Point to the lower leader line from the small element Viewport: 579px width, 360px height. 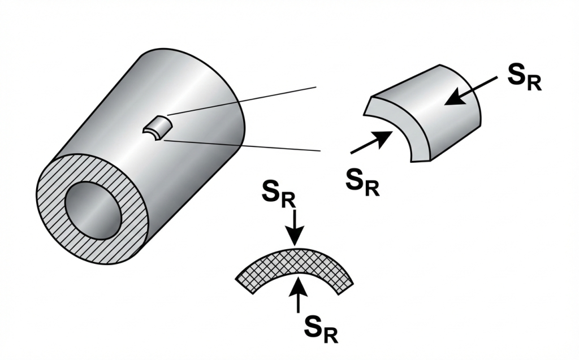coord(243,146)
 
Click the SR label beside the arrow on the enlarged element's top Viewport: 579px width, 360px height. coord(524,79)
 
